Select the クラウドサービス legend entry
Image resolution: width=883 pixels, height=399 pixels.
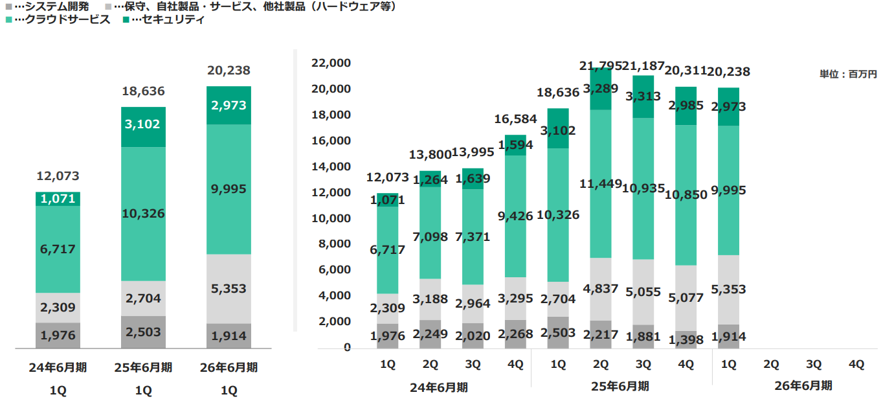pos(58,19)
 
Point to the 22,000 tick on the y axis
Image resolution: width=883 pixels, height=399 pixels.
pos(331,63)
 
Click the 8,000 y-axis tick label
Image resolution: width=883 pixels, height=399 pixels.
pos(333,244)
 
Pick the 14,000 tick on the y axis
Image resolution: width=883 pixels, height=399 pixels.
pos(331,166)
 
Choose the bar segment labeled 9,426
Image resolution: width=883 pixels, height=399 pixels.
pos(515,216)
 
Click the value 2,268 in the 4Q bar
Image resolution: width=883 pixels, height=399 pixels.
pos(515,334)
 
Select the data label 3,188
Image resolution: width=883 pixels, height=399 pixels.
pos(430,299)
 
